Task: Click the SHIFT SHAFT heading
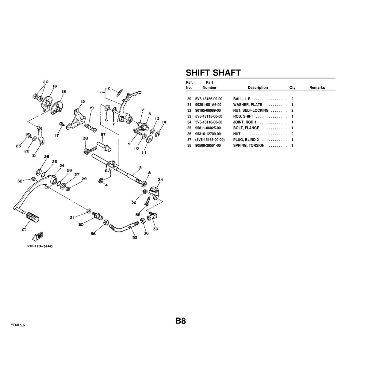pos(213,73)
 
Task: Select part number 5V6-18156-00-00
pos(209,99)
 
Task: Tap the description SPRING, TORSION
pos(249,145)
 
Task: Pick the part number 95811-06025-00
pos(208,128)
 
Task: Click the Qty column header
pos(292,87)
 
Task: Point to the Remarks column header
pos(317,87)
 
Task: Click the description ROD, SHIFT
pos(243,116)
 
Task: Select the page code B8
pos(180,321)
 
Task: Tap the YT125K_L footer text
pos(18,325)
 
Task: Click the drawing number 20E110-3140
pos(40,246)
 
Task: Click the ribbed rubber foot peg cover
pos(32,217)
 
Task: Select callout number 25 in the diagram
pos(24,229)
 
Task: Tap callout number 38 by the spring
pos(85,138)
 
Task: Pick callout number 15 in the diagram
pos(82,102)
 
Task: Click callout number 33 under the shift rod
pos(135,238)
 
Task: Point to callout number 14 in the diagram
pos(164,122)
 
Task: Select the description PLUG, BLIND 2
pos(246,140)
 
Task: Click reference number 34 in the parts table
pos(189,122)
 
